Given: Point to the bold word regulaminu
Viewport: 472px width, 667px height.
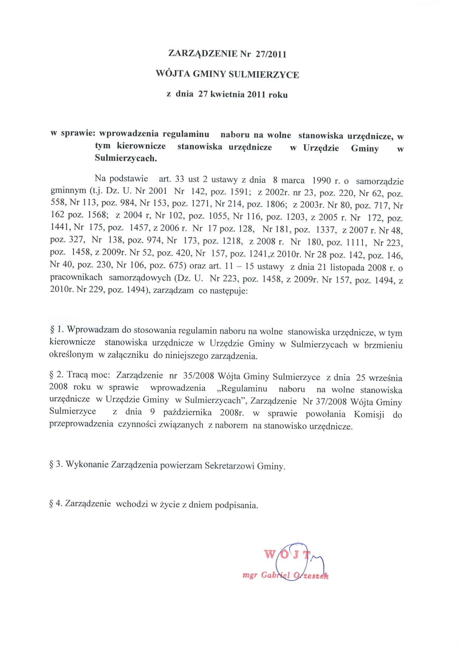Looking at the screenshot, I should [x=186, y=135].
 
